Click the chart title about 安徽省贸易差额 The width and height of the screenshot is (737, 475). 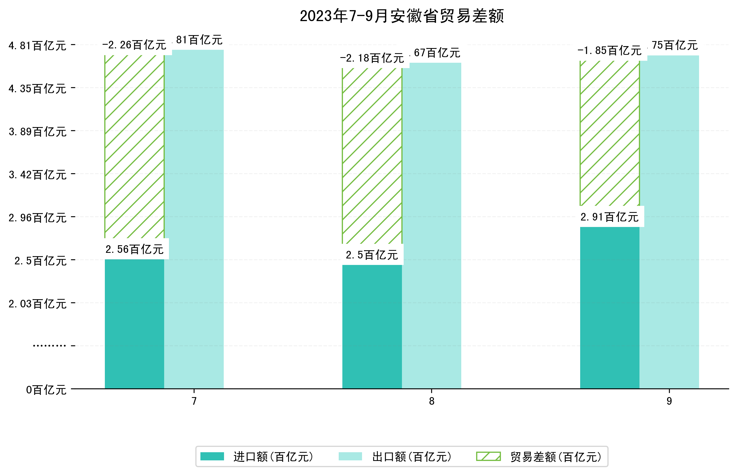click(x=401, y=16)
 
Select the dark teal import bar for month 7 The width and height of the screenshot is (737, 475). click(x=134, y=324)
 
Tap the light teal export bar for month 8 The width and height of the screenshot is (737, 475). click(x=431, y=225)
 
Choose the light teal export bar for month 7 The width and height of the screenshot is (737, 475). click(x=194, y=219)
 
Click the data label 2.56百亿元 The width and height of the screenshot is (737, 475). click(x=134, y=249)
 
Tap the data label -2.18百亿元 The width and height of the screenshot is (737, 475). click(x=372, y=58)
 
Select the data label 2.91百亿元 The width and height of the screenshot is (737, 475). click(x=609, y=217)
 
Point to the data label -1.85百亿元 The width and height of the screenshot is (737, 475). click(x=609, y=50)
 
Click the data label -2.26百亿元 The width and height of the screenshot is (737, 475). click(x=134, y=45)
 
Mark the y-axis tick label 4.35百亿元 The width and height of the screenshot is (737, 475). click(x=38, y=89)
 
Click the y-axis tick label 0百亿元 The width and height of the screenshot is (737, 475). click(x=46, y=390)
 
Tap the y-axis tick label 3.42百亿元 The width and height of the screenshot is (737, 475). click(x=38, y=175)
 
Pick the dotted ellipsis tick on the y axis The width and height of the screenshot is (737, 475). click(x=49, y=346)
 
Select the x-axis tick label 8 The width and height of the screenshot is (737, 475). click(x=431, y=401)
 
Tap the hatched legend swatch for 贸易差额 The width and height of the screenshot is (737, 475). click(x=488, y=456)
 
